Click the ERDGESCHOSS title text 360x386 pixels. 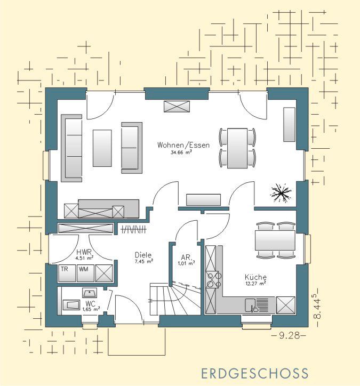(254, 373)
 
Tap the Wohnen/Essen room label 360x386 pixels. (183, 145)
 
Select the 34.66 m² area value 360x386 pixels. (181, 152)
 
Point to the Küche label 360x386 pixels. (255, 277)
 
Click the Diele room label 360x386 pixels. (143, 255)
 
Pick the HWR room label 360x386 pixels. (84, 252)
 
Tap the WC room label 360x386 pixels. (90, 303)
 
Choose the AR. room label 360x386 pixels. (186, 258)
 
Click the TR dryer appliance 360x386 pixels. (67, 274)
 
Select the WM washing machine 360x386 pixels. (85, 274)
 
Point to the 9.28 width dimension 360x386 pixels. (289, 335)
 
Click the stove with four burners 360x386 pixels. (212, 280)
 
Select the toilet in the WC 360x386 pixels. (71, 305)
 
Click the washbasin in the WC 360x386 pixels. (90, 293)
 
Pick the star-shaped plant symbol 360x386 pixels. (281, 193)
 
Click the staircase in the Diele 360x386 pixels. (175, 298)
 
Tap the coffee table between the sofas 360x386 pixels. (102, 148)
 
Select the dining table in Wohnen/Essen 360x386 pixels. (237, 148)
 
